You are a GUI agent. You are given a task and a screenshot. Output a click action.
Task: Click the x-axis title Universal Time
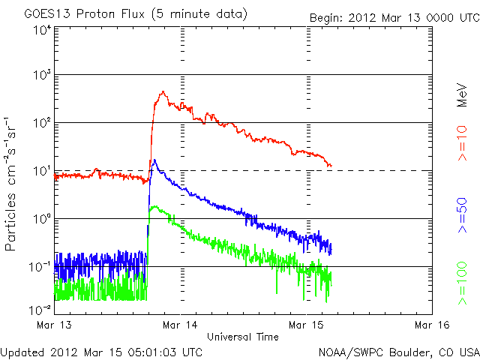[x=243, y=337]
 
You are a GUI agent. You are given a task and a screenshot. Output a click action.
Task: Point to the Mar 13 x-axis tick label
[x=53, y=325]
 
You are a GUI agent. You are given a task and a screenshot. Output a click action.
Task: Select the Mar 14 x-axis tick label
[x=180, y=325]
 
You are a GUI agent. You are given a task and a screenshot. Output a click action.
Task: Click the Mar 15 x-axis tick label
[x=307, y=325]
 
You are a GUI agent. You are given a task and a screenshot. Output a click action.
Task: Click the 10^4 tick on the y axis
[x=41, y=29]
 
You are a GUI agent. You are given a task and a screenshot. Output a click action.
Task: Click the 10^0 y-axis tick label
[x=41, y=219]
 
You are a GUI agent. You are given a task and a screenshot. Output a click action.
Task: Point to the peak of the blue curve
[x=154, y=160]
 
